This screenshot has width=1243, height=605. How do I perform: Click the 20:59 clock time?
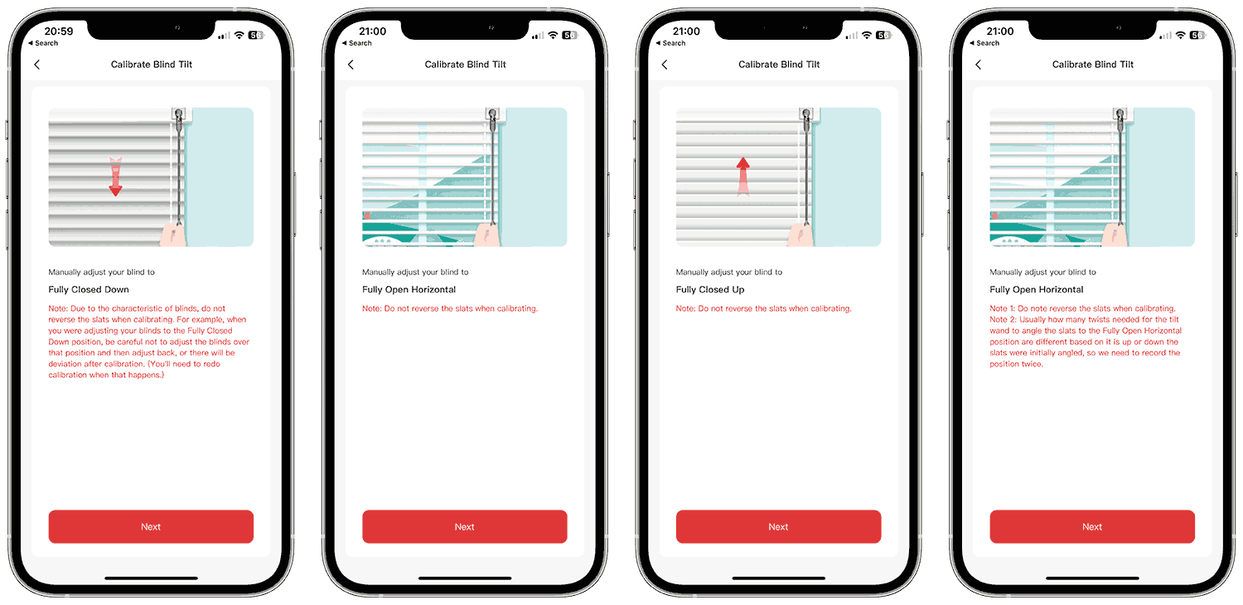coord(59,31)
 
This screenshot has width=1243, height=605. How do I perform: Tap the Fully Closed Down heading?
coord(88,289)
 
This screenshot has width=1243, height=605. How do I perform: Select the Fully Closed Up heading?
coord(709,289)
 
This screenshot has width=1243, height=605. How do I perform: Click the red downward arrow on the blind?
coord(115,177)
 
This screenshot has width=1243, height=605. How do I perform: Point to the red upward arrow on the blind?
coord(743,177)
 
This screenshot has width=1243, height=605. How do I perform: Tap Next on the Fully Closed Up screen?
coord(778,526)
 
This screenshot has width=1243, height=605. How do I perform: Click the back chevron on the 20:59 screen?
coord(37,65)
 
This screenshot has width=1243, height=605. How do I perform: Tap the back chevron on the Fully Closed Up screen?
coord(665,65)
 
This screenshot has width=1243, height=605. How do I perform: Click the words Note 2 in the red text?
coord(1002,319)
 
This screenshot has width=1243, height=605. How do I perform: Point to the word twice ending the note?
coord(1033,364)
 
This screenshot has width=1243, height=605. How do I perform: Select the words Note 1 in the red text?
coord(1002,308)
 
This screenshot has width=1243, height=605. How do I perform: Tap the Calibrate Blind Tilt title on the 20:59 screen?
coord(152,65)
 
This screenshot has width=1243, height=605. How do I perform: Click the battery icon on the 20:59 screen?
coord(255,35)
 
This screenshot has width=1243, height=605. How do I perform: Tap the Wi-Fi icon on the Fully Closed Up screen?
coord(866,35)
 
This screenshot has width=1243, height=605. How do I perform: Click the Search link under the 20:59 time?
coord(46,43)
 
